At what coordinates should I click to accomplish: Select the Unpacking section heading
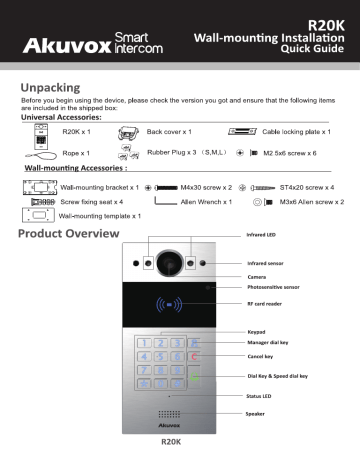point(55,87)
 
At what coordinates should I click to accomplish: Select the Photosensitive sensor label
point(277,285)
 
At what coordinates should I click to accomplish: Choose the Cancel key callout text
point(261,355)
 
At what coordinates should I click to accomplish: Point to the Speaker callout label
point(257,412)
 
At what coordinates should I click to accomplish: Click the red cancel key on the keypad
point(195,356)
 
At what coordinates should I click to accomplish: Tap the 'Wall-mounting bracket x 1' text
point(98,187)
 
